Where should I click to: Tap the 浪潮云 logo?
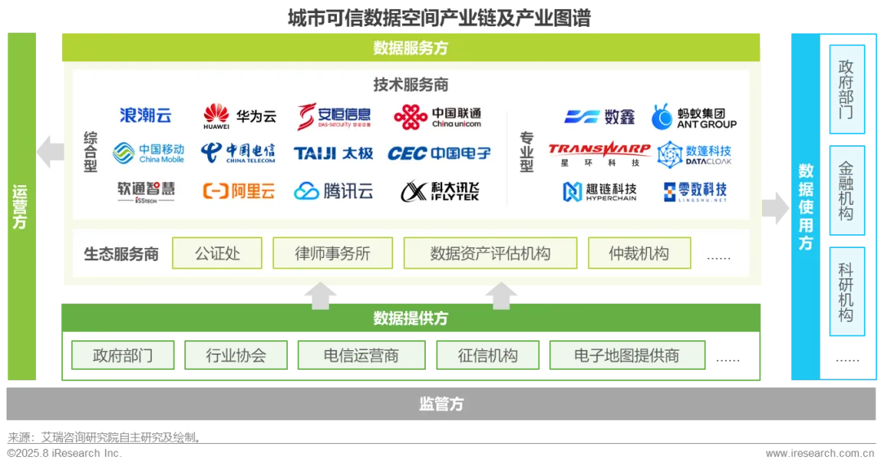[x=146, y=116]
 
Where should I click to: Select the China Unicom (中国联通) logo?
[x=437, y=118]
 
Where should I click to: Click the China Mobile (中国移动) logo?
[x=148, y=153]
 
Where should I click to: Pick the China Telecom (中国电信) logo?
[x=238, y=153]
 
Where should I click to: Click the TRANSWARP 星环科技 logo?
[x=600, y=154]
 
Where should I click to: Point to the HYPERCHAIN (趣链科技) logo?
[x=600, y=192]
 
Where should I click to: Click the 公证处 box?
[x=217, y=254]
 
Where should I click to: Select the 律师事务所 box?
[x=333, y=254]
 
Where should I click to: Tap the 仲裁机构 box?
[x=639, y=254]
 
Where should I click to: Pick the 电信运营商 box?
[x=361, y=356]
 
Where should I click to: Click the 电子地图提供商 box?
[x=626, y=356]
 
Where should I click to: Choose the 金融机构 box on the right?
[x=846, y=191]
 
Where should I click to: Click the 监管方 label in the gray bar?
[x=441, y=404]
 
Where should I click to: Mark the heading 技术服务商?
[x=411, y=85]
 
